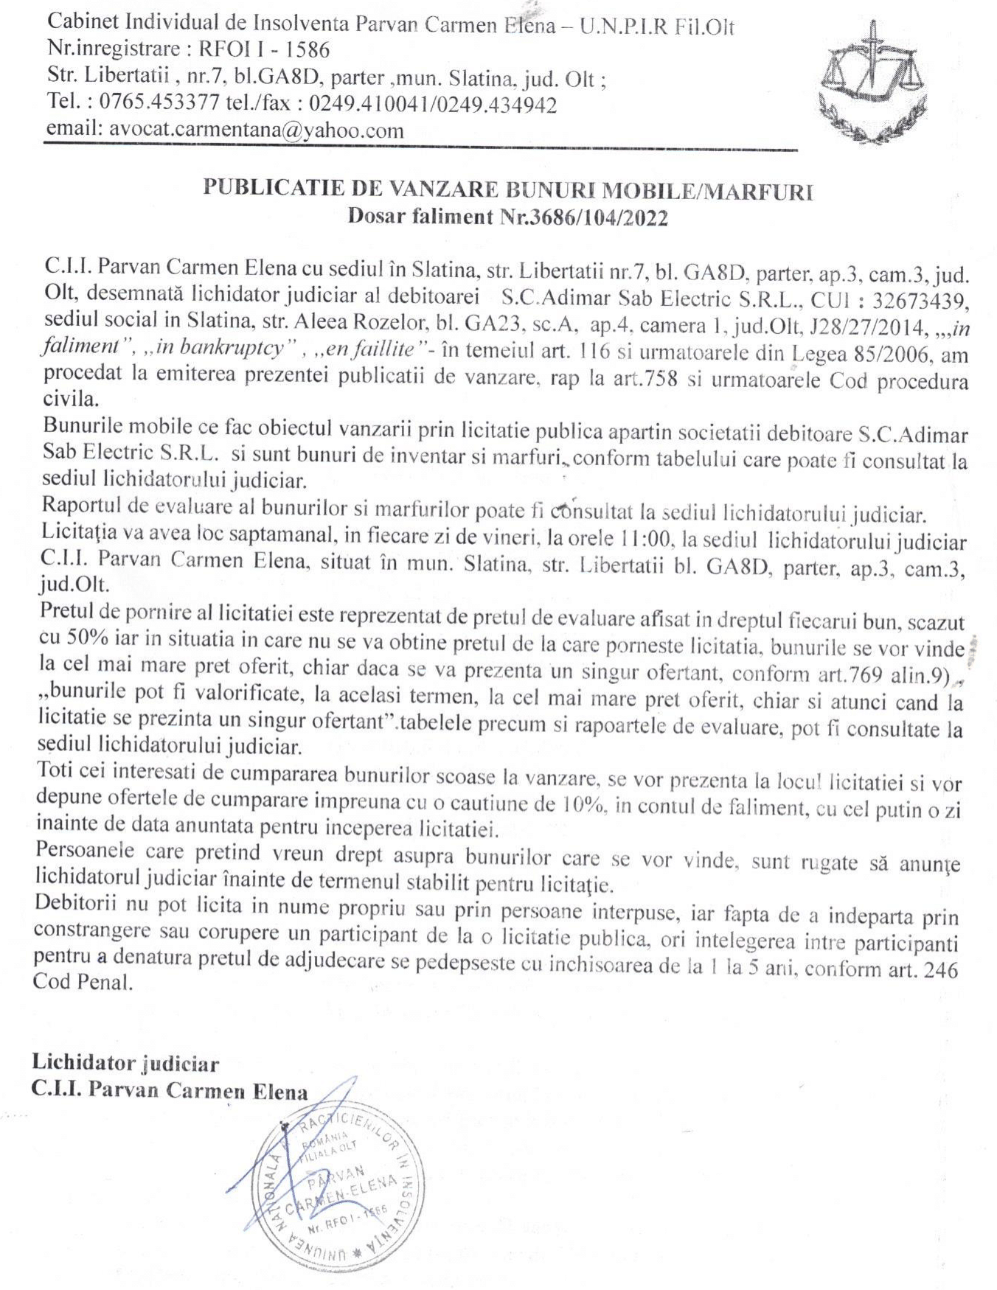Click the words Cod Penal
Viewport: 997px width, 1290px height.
[83, 983]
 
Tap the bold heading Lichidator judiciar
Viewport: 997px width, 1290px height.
[125, 1064]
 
